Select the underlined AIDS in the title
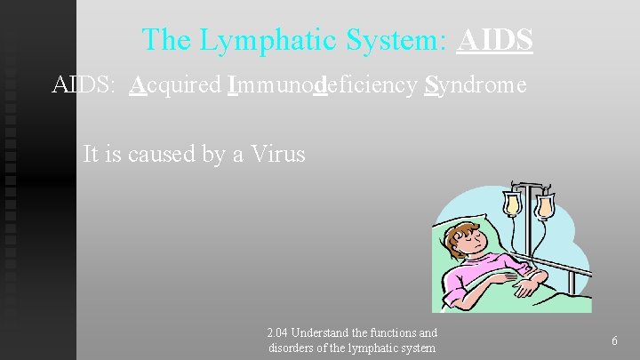tap(495, 39)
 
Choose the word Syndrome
tap(476, 86)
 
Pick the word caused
tap(163, 154)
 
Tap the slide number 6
tap(615, 341)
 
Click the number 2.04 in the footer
tap(278, 333)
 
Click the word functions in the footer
tap(395, 333)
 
